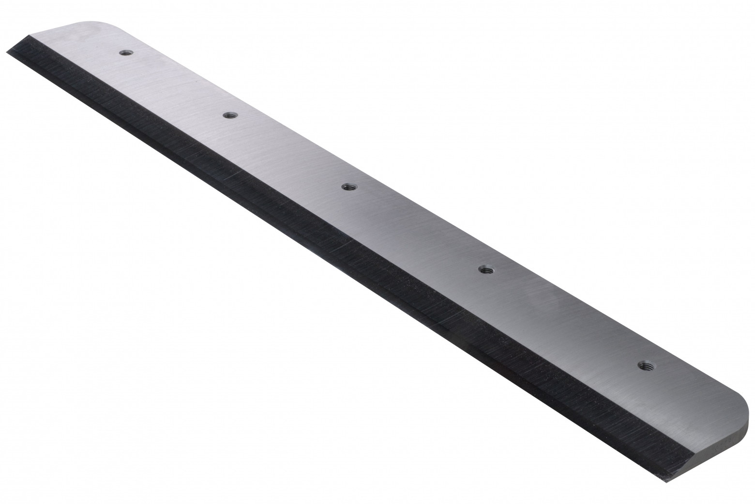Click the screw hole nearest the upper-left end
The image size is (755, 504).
[126, 52]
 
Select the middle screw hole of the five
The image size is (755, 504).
[347, 187]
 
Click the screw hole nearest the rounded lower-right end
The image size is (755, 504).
[643, 365]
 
